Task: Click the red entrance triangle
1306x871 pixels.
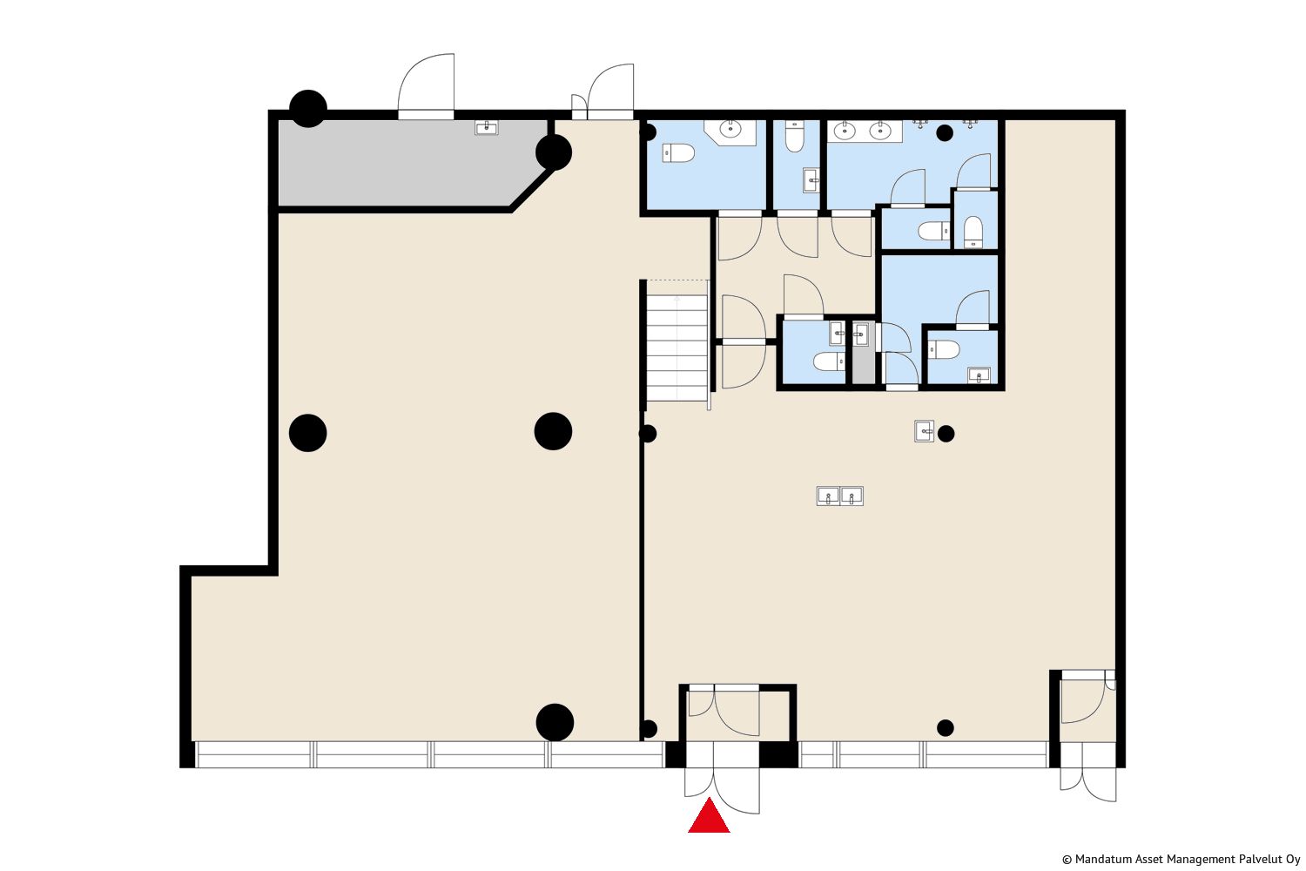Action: (709, 817)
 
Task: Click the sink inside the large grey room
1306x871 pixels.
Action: (486, 127)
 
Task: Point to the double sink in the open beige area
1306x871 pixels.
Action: (839, 496)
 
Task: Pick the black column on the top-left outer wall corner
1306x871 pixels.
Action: (308, 109)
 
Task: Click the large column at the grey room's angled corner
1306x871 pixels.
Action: (553, 152)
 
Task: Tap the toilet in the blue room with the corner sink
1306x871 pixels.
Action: (678, 153)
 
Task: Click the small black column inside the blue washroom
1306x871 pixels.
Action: (945, 133)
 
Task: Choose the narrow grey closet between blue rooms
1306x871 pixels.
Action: (864, 352)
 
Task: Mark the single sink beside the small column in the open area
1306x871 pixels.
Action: (924, 431)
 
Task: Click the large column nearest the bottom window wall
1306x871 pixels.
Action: (555, 722)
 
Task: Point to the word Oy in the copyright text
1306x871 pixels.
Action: (1294, 860)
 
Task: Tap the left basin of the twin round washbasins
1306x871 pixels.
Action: (845, 132)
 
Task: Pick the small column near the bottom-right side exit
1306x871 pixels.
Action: (945, 727)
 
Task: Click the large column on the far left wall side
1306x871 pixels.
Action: (308, 433)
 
